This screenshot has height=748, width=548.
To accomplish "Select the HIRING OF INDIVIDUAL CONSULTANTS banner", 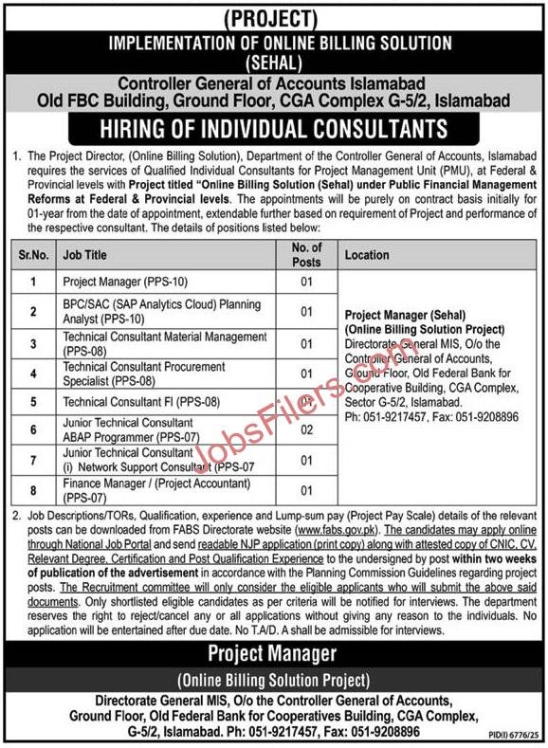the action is tap(273, 127).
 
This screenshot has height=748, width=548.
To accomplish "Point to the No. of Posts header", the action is tap(305, 254).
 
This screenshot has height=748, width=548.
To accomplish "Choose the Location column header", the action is tap(367, 255).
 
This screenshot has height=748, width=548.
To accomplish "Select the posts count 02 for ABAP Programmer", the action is tap(306, 429).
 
